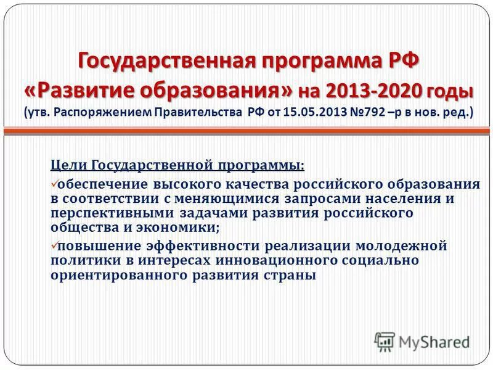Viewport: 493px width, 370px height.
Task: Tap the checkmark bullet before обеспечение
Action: (53, 184)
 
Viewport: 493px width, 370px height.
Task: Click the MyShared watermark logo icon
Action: (385, 341)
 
